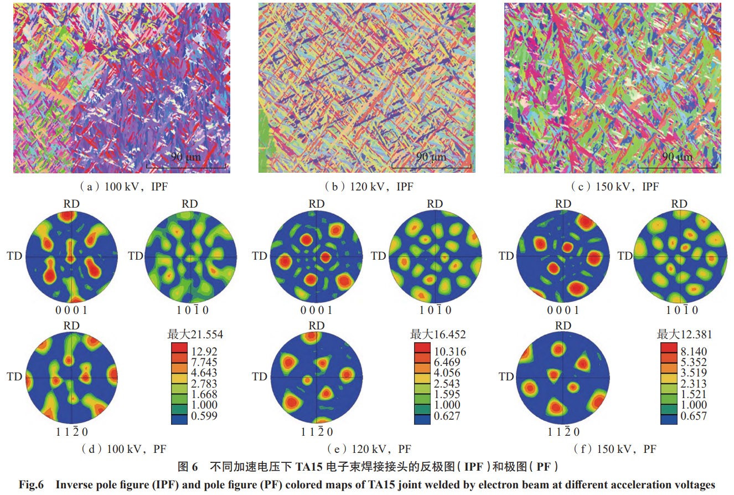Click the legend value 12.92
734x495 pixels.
click(x=204, y=351)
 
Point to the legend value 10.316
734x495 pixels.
click(x=447, y=351)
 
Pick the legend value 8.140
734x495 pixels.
click(x=692, y=351)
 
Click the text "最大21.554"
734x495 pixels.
click(x=195, y=334)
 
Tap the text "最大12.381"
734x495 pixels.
click(x=684, y=334)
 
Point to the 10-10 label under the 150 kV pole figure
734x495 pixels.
click(x=679, y=310)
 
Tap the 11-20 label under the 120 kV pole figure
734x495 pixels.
click(x=317, y=432)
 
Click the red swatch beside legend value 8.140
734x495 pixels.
click(x=669, y=351)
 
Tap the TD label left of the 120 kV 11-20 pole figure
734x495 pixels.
click(x=259, y=377)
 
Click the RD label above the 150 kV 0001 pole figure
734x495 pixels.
click(x=563, y=204)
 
